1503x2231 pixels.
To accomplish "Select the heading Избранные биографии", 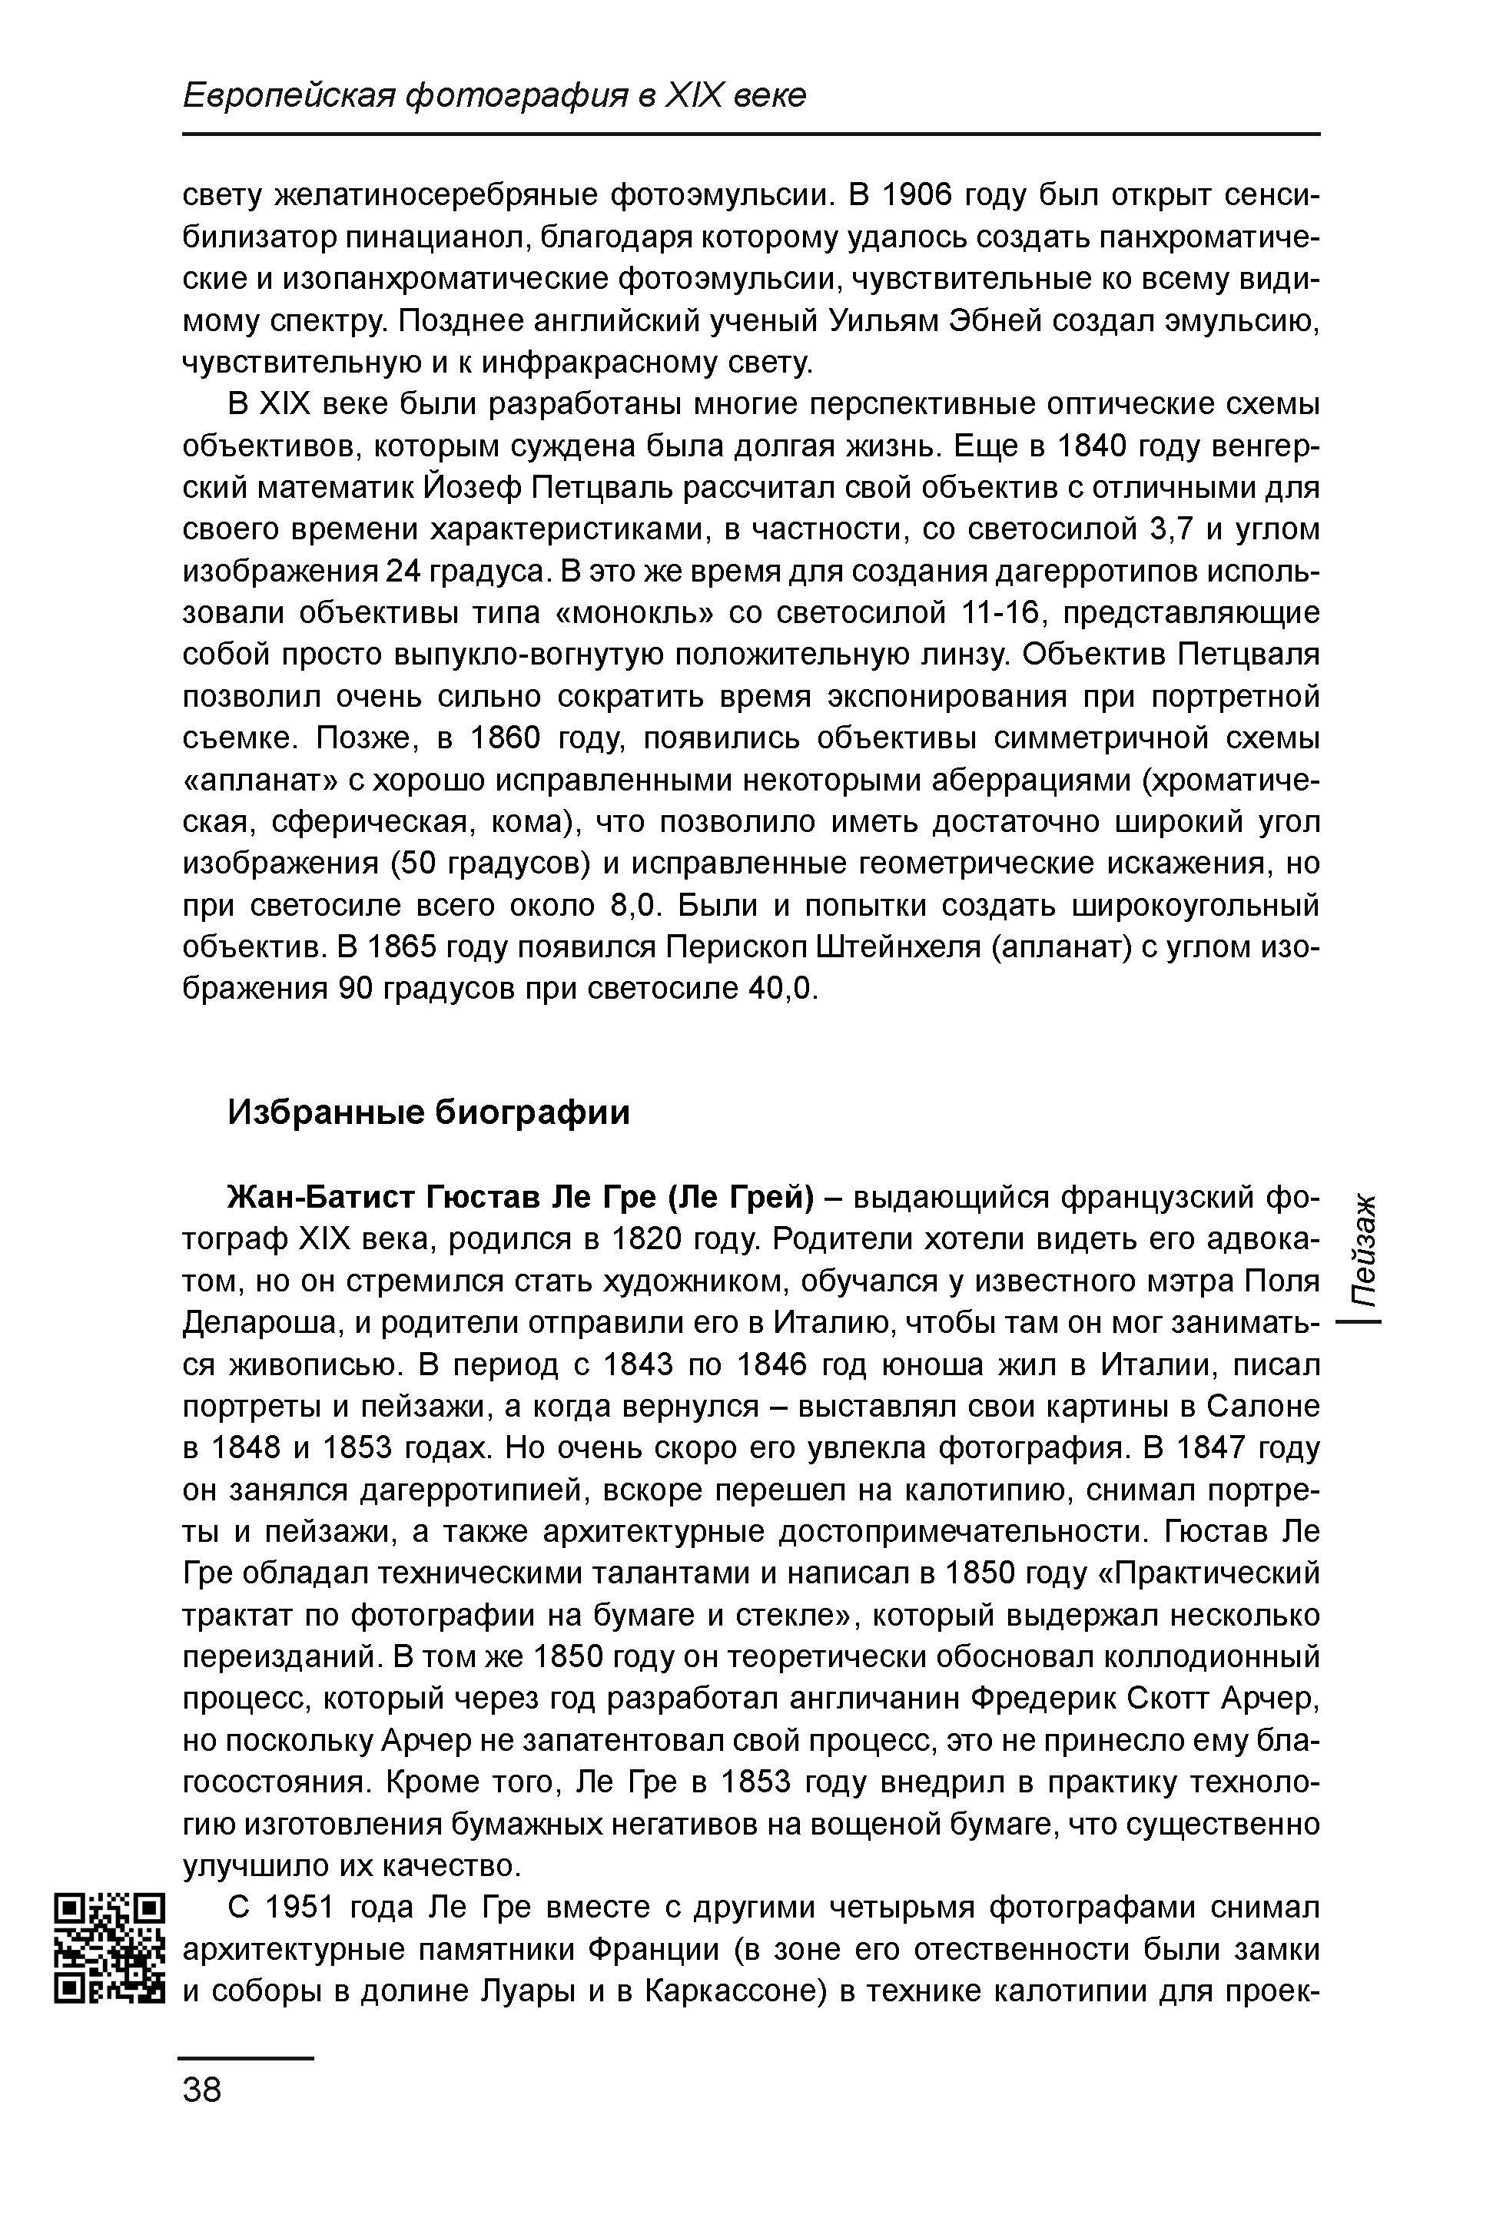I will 429,1112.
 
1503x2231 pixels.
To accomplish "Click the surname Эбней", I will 994,321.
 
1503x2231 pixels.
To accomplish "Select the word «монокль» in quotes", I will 624,613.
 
